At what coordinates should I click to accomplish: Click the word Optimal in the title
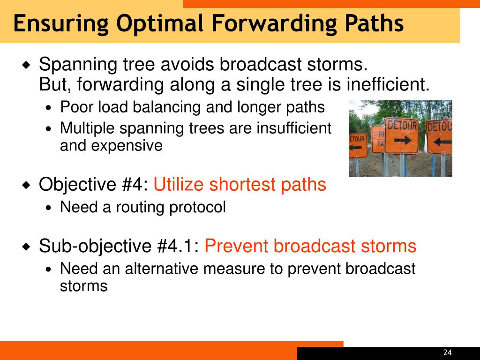(160, 24)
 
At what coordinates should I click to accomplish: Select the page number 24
(447, 352)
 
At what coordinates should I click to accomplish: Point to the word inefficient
(388, 84)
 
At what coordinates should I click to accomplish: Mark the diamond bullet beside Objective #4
(27, 185)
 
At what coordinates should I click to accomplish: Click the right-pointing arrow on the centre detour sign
(403, 140)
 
